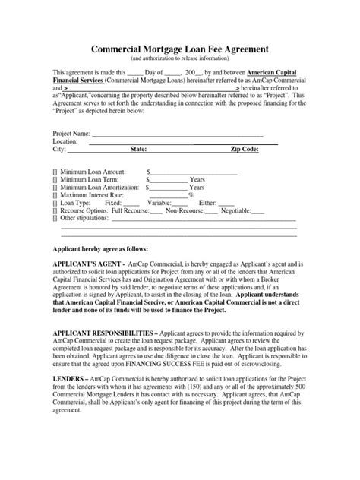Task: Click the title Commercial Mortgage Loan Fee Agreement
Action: click(179, 49)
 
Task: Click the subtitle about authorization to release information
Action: click(179, 58)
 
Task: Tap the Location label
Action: click(63, 142)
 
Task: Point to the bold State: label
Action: click(138, 150)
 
